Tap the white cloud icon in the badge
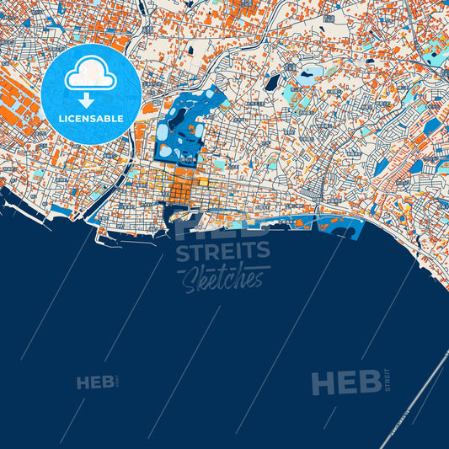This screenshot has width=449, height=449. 90,74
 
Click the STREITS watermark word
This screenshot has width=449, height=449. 223,251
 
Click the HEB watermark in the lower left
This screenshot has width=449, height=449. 95,383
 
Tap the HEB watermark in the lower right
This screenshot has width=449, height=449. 345,383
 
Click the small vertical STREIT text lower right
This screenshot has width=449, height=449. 388,380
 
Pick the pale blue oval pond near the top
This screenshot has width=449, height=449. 307,73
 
